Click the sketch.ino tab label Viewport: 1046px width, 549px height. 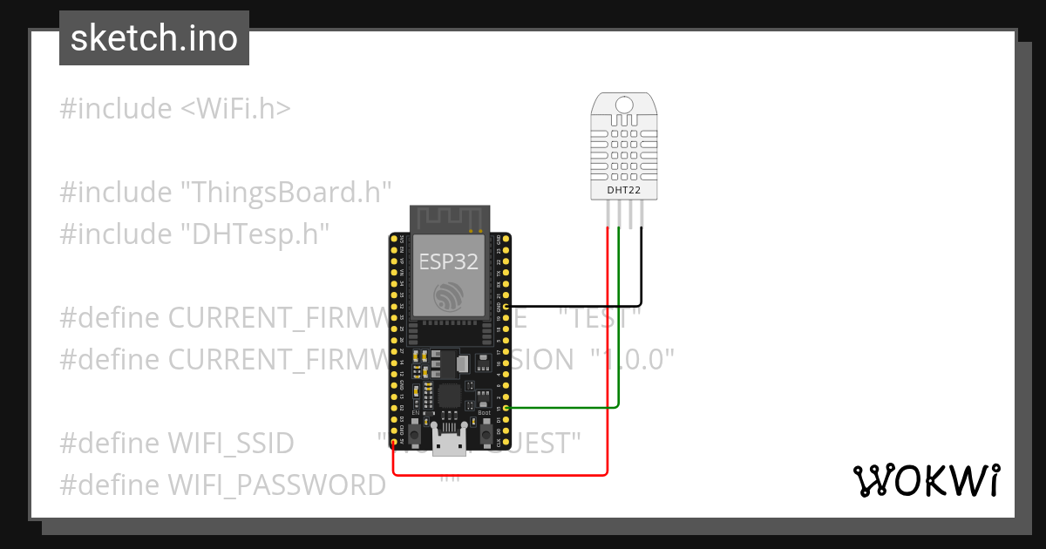pos(154,38)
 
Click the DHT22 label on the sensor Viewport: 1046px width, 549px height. pos(623,189)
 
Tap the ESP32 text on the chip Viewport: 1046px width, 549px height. pos(449,261)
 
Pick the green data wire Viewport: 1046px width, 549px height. pos(618,349)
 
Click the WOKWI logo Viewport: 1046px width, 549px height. pos(926,480)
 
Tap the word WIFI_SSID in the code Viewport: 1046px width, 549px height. pos(231,443)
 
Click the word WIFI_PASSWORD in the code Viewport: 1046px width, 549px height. pos(276,485)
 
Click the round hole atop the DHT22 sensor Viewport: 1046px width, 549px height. pos(623,105)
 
